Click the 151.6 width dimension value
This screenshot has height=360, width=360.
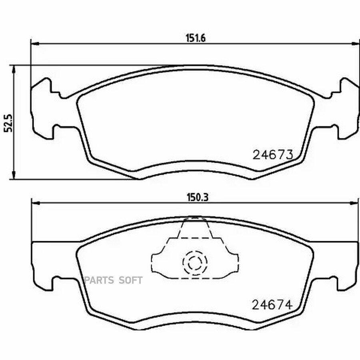pos(196,38)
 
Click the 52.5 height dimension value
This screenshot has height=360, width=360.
pos(9,123)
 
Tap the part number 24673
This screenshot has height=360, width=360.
pos(272,155)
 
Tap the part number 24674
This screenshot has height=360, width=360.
pos(272,305)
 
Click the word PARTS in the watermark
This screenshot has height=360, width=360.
pos(99,280)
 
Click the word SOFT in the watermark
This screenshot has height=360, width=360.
pos(130,280)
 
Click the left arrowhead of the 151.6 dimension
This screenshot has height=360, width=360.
pos(35,43)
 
